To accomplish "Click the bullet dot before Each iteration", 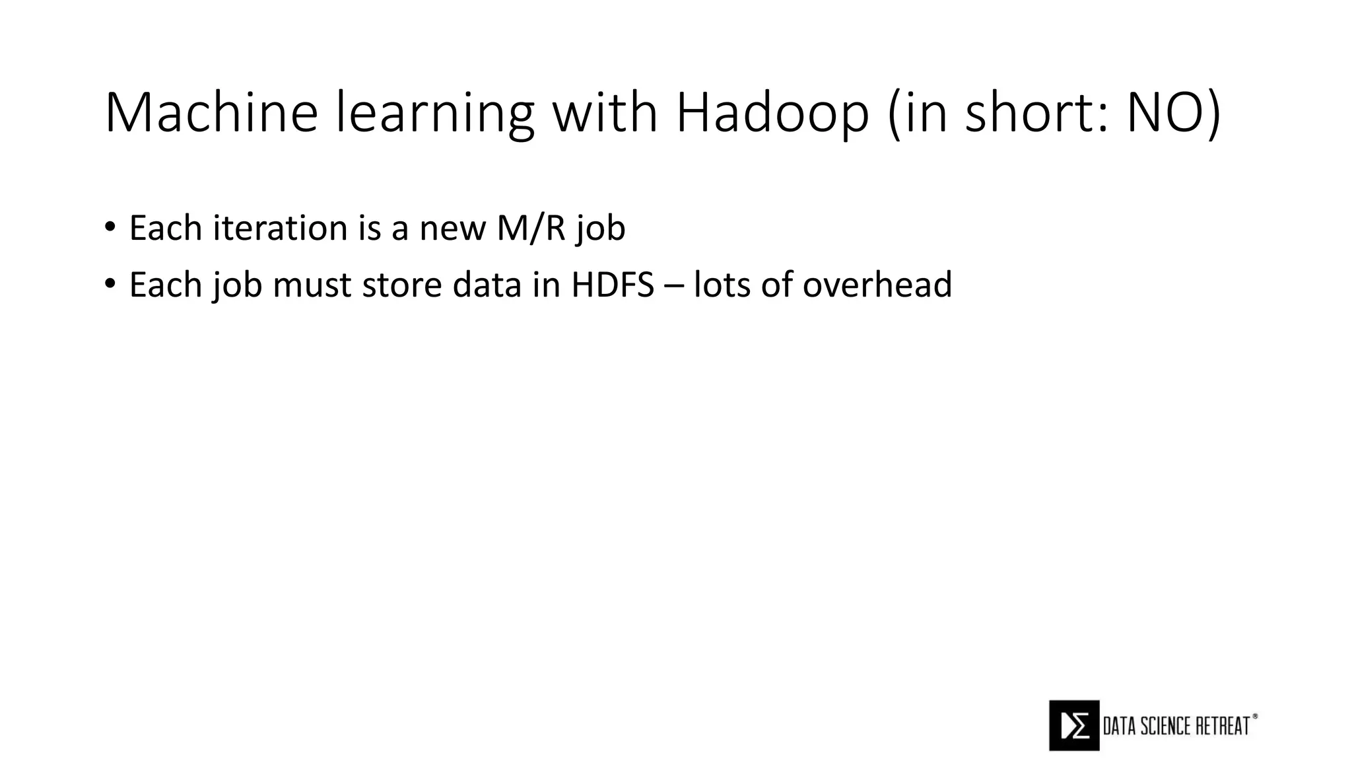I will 110,228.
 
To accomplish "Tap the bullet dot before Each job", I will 110,285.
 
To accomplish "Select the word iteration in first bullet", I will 280,228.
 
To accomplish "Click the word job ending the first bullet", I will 600,229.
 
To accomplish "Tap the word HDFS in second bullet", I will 613,285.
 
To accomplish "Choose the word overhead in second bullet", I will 877,285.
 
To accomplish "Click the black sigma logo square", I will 1074,725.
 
